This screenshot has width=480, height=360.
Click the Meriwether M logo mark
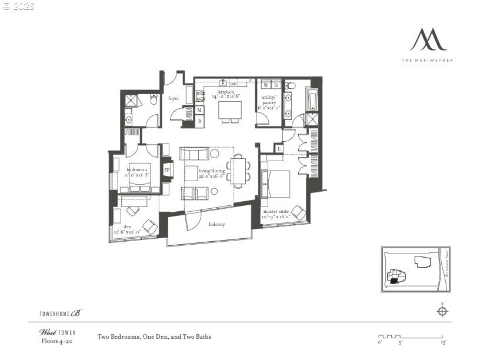pos(428,40)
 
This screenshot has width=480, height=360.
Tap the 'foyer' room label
pos(174,99)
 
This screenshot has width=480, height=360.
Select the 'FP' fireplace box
pos(166,170)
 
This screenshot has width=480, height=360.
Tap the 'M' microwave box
pos(200,110)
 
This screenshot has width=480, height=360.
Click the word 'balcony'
pos(217,224)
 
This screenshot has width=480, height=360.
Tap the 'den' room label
pos(127,226)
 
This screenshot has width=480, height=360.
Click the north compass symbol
pos(442,311)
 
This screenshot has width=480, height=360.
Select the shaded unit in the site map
pos(394,281)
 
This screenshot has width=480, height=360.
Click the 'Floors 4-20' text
pos(55,341)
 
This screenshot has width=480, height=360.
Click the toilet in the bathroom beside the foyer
pos(153,101)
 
